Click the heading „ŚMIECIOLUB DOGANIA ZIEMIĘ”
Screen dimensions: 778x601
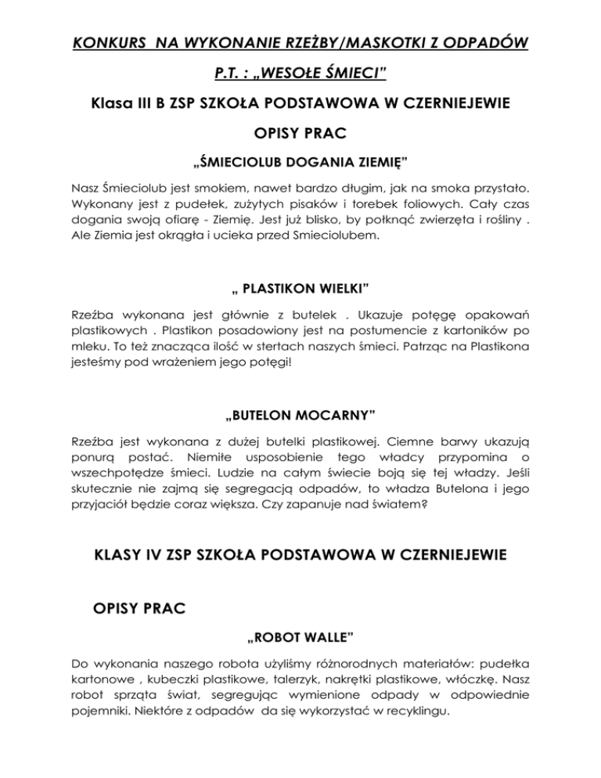300,163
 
